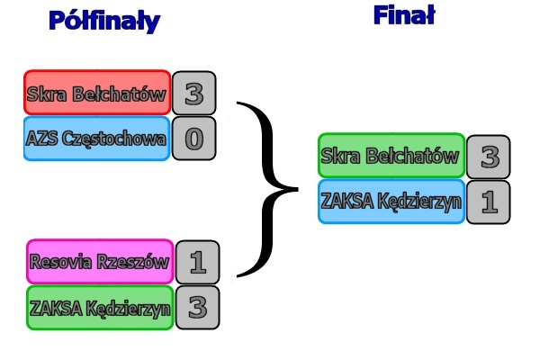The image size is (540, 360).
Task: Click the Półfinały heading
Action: (104, 21)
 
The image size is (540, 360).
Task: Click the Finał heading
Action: (404, 15)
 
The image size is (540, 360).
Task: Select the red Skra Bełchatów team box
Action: (97, 93)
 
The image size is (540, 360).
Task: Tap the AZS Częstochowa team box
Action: (96, 139)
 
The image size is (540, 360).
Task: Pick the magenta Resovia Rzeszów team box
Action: (100, 262)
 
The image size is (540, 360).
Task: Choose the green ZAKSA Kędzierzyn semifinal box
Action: (100, 308)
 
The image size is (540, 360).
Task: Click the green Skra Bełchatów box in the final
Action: (391, 156)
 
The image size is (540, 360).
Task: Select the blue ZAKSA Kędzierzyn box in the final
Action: (391, 201)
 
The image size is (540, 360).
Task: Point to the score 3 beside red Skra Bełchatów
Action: (193, 93)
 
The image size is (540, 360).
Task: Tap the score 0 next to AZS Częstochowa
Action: (193, 139)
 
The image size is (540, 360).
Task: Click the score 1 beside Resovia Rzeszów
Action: (198, 262)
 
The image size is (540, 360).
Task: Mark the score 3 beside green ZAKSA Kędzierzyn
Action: (198, 308)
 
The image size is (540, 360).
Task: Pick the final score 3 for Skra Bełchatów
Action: (489, 157)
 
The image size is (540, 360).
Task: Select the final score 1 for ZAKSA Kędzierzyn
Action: (489, 202)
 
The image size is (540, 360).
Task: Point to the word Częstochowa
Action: (112, 139)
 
